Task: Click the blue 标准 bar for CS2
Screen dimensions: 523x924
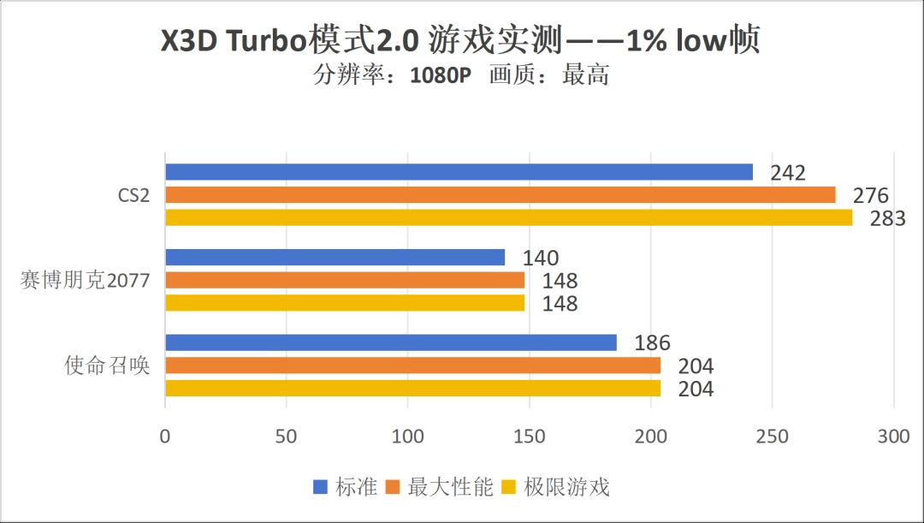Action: (x=459, y=172)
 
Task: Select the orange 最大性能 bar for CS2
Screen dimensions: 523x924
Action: (x=500, y=195)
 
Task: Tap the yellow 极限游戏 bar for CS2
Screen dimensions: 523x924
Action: (x=508, y=217)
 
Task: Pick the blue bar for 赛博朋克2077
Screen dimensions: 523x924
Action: (x=335, y=258)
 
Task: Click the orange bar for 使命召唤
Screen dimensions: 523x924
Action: (x=412, y=366)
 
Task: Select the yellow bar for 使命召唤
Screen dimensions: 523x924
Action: (x=412, y=388)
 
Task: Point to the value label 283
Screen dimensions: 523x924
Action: (x=887, y=219)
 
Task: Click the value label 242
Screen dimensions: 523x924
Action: (x=787, y=173)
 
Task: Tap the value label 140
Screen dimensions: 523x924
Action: (x=541, y=259)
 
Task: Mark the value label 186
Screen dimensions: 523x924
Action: (x=652, y=343)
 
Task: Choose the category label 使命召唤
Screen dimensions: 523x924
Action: (x=108, y=366)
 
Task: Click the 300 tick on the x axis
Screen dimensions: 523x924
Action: (x=893, y=437)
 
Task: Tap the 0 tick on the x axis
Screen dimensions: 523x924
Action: (x=165, y=437)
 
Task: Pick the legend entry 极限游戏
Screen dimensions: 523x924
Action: (x=566, y=488)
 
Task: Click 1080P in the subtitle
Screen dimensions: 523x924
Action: (x=441, y=75)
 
